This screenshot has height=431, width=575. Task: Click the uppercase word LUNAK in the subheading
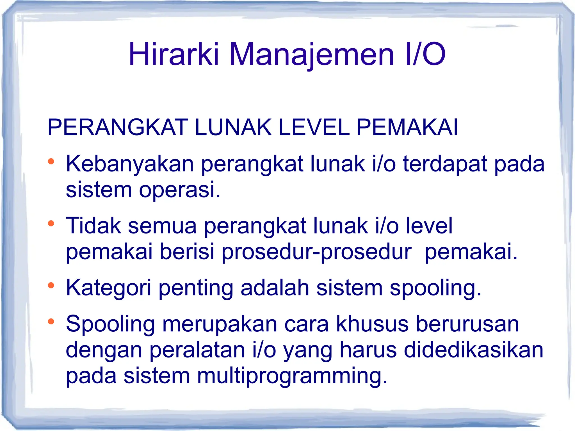(233, 128)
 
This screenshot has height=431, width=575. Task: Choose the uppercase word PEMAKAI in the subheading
(407, 128)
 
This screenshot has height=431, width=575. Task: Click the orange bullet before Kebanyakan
(51, 162)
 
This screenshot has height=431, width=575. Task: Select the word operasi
(180, 190)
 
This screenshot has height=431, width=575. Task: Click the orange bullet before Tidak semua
(51, 224)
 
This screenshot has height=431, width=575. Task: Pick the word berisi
(187, 252)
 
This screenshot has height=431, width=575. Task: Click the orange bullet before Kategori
(51, 286)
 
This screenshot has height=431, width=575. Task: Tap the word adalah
(275, 288)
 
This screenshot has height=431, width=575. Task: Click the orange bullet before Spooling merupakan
(51, 322)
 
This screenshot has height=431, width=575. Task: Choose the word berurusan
(467, 324)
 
